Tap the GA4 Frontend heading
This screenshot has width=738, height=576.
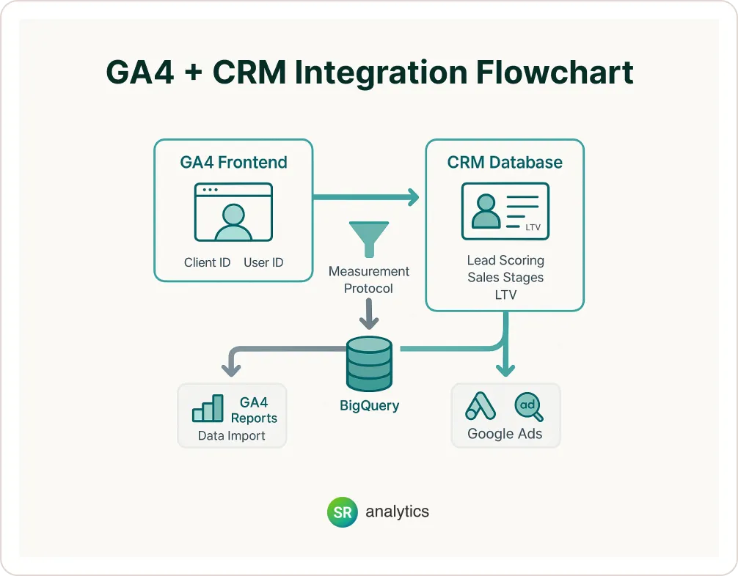(x=233, y=163)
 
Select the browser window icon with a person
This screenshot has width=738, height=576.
(x=233, y=212)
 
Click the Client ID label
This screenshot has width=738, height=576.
(x=207, y=262)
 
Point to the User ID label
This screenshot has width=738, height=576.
(x=263, y=262)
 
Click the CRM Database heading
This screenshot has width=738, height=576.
(x=505, y=163)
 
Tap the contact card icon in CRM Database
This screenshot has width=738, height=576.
(x=505, y=211)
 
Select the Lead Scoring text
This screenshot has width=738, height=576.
(x=505, y=260)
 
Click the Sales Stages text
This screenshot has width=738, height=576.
(x=505, y=278)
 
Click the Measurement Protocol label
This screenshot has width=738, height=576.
(x=368, y=280)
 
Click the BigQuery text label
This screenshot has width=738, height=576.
(x=369, y=405)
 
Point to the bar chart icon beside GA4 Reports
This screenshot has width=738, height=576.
(x=208, y=409)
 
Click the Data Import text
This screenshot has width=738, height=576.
(x=231, y=436)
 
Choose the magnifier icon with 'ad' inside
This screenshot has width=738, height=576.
(x=529, y=407)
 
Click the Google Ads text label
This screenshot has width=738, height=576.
(x=505, y=434)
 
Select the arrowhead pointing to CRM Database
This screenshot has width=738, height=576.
(x=413, y=196)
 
